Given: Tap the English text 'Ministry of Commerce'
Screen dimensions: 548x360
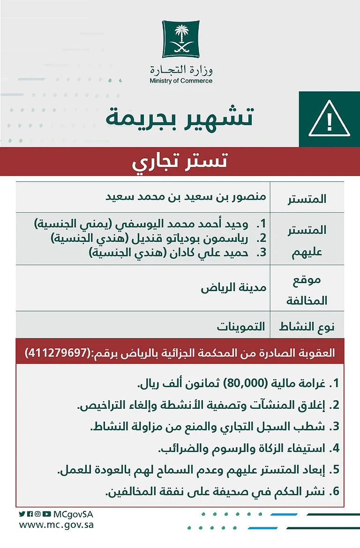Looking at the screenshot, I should (x=181, y=81).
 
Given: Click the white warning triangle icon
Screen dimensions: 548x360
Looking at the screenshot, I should (x=329, y=119).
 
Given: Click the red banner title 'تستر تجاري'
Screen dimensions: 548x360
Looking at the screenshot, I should (x=180, y=162).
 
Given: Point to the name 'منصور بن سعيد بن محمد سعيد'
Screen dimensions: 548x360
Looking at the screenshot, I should (x=186, y=196).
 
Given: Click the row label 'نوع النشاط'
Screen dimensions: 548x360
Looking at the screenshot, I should (x=307, y=327).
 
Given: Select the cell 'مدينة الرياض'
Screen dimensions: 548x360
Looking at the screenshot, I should (x=233, y=287).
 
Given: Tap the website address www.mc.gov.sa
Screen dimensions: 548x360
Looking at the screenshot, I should (x=56, y=525).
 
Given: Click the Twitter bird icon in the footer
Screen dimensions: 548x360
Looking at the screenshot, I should (x=22, y=514).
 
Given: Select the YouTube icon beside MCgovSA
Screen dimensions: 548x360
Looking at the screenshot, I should (x=46, y=514).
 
